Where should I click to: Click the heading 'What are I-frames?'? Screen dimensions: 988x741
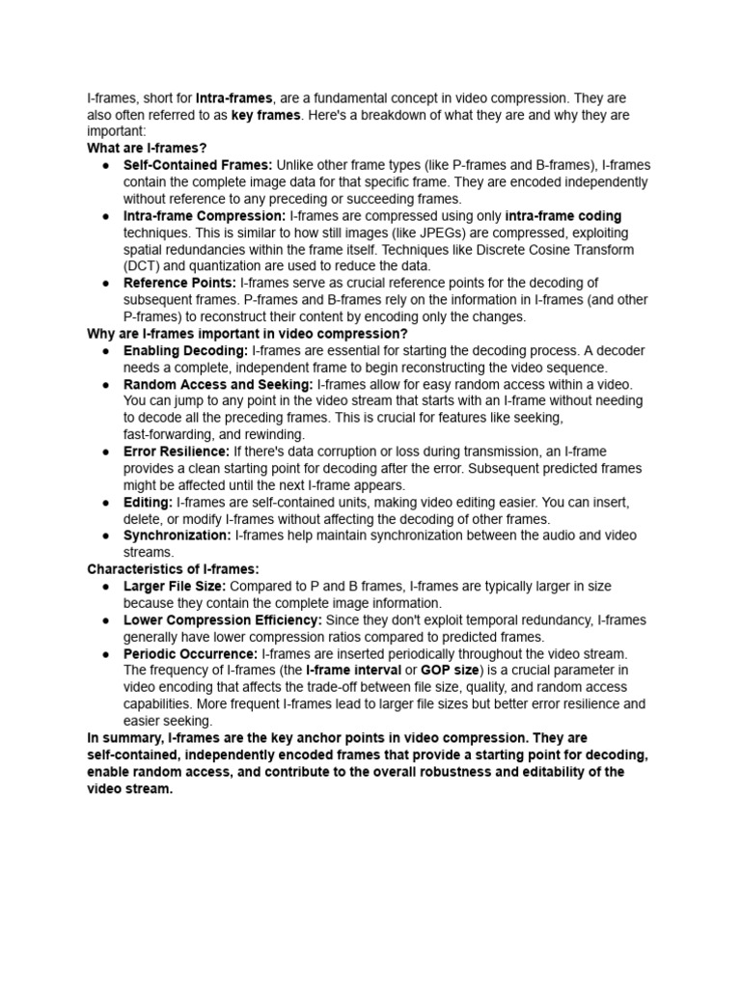coord(148,149)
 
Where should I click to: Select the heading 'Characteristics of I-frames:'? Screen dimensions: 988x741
coord(173,569)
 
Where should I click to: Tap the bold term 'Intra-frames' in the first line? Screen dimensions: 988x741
coord(234,98)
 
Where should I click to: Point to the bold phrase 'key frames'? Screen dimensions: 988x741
coord(266,115)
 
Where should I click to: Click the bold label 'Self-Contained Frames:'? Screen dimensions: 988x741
coord(198,166)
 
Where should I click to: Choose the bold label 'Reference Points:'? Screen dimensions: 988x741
coord(179,283)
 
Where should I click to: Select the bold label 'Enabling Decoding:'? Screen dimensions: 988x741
coord(185,351)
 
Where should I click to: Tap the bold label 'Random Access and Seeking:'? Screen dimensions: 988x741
coord(218,385)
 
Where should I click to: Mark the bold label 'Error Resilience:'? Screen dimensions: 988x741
coord(177,452)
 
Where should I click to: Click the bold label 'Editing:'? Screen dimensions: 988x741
coord(148,503)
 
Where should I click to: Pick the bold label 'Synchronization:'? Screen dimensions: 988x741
coord(177,535)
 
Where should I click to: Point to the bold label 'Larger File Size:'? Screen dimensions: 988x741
coord(175,587)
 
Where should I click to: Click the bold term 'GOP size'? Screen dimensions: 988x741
coord(450,671)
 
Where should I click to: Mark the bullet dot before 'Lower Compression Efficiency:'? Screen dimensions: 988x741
coord(104,620)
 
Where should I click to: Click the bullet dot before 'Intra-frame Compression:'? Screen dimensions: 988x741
coord(104,216)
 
